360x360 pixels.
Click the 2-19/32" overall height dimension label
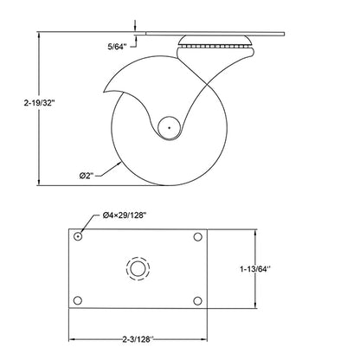point(39,103)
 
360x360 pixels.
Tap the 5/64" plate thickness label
point(117,47)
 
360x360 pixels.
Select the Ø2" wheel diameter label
point(87,176)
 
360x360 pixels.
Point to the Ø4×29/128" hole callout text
point(125,215)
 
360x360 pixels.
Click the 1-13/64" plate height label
point(254,269)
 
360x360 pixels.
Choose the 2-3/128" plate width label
point(138,339)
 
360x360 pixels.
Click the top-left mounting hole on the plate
point(78,237)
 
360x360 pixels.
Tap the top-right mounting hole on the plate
point(197,237)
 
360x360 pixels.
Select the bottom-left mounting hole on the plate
point(77,300)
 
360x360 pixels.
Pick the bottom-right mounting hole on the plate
point(197,301)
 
